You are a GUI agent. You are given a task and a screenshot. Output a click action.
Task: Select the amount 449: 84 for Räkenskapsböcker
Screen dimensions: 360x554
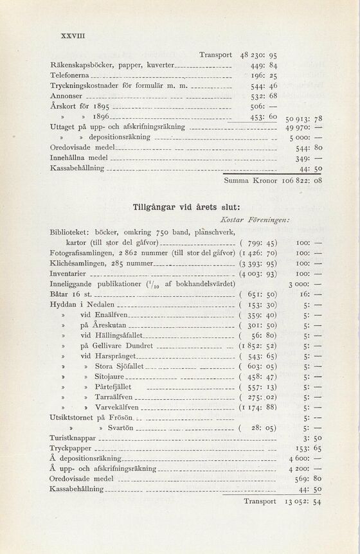[x=264, y=65]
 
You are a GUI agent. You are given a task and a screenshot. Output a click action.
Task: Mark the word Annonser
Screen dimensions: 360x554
[x=67, y=96]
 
